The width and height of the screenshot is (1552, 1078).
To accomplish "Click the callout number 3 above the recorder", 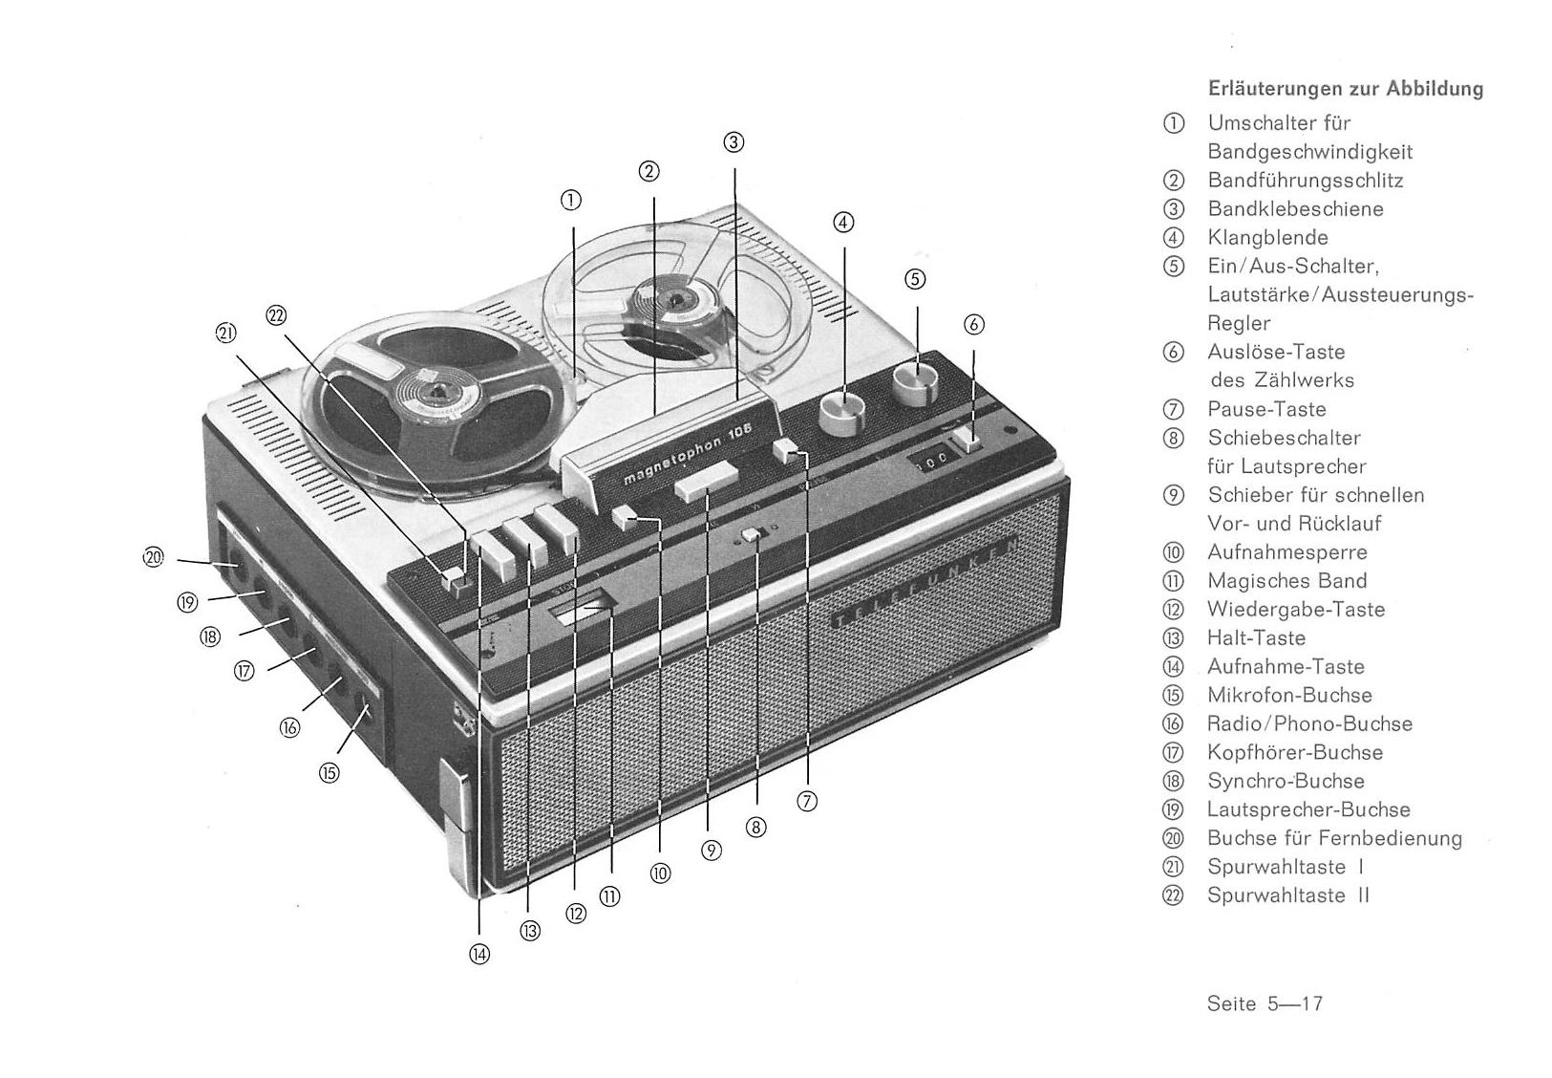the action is click(x=733, y=142).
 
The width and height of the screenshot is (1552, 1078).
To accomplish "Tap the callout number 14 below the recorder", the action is click(x=479, y=955).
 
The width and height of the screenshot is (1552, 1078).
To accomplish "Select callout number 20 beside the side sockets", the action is click(x=153, y=557).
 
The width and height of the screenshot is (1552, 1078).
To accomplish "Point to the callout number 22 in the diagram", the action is click(x=276, y=316).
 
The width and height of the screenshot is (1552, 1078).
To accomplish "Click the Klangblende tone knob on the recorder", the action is click(x=842, y=413).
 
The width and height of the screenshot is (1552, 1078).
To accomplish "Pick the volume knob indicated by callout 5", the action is click(x=915, y=383).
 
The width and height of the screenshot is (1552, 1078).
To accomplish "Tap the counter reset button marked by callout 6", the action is click(x=967, y=441).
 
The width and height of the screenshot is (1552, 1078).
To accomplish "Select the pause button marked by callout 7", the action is click(x=787, y=451).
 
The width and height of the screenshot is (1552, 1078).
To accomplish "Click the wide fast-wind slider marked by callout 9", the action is click(x=706, y=481).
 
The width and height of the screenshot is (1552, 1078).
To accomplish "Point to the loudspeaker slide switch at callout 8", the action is click(x=751, y=534).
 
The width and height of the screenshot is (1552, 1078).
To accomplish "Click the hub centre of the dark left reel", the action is click(x=437, y=393).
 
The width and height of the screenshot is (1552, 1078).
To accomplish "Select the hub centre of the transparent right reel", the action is click(x=673, y=299).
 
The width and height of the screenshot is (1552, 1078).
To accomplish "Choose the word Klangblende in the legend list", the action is click(x=1267, y=238).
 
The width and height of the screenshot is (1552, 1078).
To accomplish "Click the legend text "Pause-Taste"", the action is click(x=1266, y=409).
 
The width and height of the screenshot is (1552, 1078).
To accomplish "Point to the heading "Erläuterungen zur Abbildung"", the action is click(x=1346, y=90).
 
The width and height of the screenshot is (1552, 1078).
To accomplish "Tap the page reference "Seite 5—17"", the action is click(x=1265, y=1003).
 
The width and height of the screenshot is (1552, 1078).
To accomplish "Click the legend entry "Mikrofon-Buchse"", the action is click(x=1289, y=695).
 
